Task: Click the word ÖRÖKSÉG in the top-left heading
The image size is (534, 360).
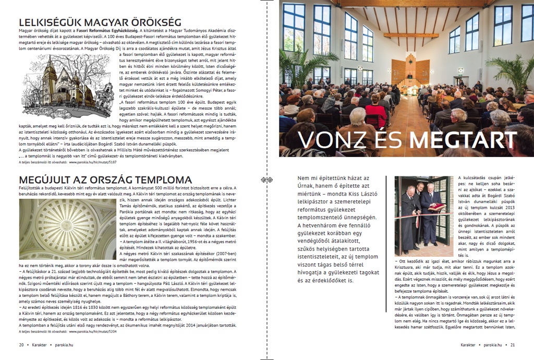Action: [x=155, y=22]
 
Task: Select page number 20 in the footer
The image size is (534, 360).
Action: [x=21, y=344]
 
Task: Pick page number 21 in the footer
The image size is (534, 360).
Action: [x=513, y=344]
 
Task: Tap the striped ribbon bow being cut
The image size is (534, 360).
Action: [x=418, y=213]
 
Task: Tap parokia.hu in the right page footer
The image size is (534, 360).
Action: [x=492, y=344]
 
